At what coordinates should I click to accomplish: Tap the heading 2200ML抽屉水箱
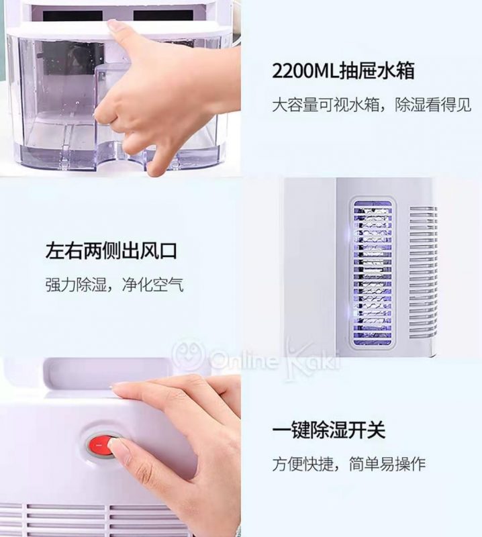pos(343,70)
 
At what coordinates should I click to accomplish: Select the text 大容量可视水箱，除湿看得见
pos(372,105)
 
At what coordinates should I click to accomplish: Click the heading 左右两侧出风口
pos(111,250)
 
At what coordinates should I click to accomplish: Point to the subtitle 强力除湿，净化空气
pos(114,285)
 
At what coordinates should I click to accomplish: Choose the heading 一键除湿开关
pos(329,430)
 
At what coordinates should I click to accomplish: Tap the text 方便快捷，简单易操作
pos(348,464)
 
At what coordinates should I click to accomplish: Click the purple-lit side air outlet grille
pos(373,273)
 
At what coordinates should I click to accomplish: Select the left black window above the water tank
pos(73,15)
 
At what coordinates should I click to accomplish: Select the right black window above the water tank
pos(162,15)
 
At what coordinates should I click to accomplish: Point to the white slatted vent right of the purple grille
pos(424,271)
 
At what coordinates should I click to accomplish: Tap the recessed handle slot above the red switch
pos(107,375)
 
